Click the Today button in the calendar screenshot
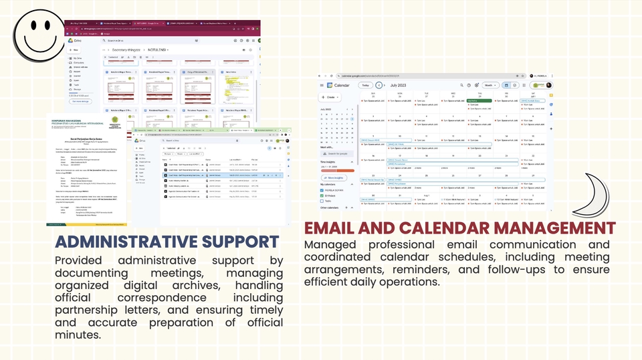[365, 86]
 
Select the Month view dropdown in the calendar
[491, 86]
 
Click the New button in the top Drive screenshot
[74, 50]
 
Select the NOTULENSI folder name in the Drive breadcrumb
[158, 50]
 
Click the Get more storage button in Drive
[81, 101]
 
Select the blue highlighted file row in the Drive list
[214, 175]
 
